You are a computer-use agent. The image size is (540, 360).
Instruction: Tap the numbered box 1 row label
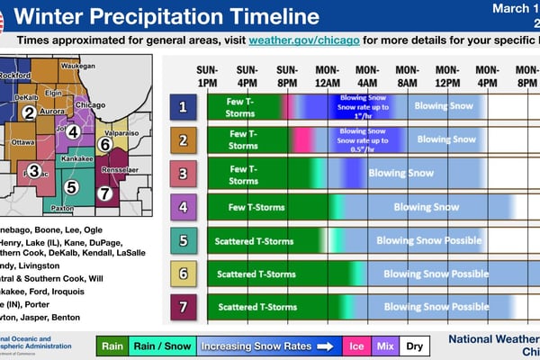pyautogui.click(x=183, y=107)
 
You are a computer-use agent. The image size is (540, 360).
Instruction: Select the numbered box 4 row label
pyautogui.click(x=183, y=206)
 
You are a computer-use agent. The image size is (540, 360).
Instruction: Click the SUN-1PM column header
pyautogui.click(x=207, y=76)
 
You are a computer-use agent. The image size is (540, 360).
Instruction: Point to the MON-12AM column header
pyautogui.click(x=327, y=76)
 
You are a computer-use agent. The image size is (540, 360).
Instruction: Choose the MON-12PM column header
pyautogui.click(x=447, y=76)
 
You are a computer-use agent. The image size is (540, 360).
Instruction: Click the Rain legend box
pyautogui.click(x=112, y=345)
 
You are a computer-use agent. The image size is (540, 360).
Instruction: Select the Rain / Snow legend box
pyautogui.click(x=159, y=345)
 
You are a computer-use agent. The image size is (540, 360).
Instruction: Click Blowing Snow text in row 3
pyautogui.click(x=400, y=173)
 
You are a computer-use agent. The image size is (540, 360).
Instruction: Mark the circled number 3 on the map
pyautogui.click(x=33, y=170)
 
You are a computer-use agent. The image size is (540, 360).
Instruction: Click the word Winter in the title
pyautogui.click(x=56, y=16)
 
